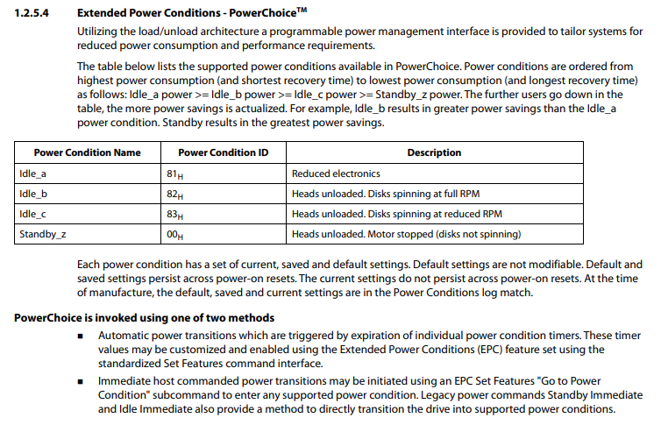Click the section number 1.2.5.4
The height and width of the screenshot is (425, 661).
coord(33,14)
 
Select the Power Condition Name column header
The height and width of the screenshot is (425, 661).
coord(87,152)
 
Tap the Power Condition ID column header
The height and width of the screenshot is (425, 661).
coord(224,152)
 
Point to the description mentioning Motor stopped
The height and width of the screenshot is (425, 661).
coord(406,234)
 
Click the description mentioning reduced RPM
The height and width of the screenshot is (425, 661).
coord(397,214)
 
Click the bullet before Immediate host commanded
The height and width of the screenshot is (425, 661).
coord(80,383)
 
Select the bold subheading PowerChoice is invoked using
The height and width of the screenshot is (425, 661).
coord(145,317)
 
